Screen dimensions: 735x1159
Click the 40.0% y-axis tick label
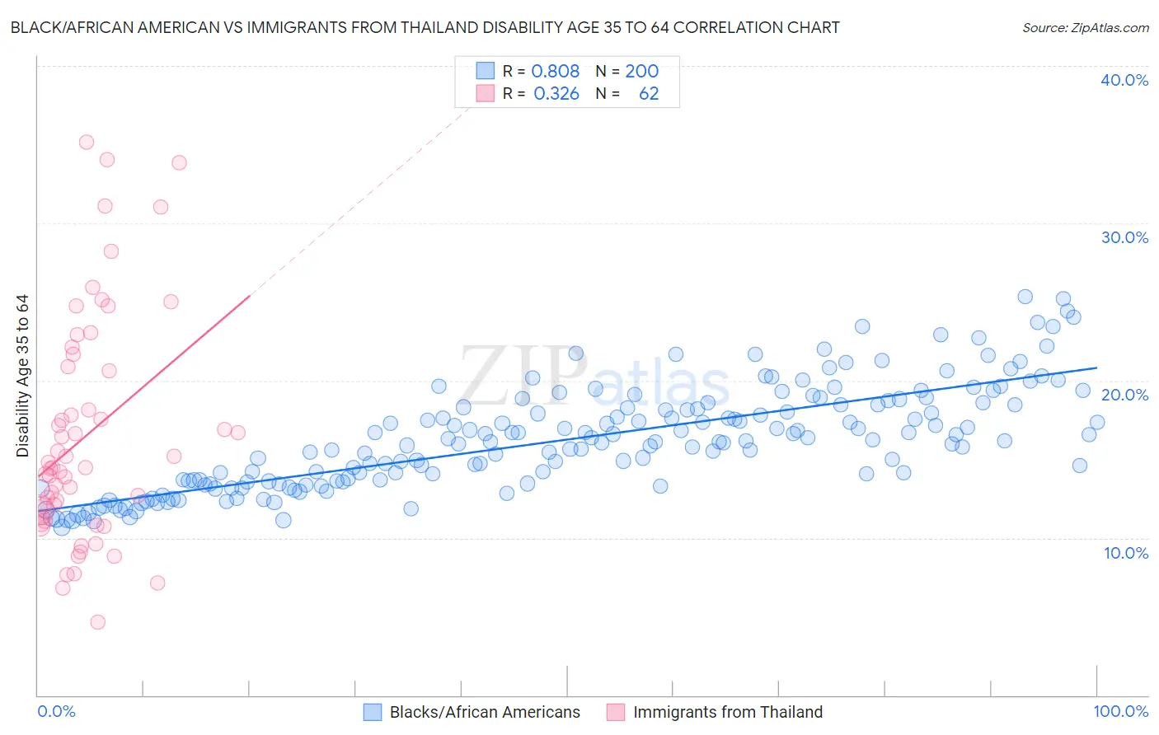tap(1124, 80)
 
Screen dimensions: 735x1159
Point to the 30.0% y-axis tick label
tap(1124, 237)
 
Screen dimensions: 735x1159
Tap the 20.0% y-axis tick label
tap(1124, 395)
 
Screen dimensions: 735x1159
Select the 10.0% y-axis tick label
tap(1126, 552)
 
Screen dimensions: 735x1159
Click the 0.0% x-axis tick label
tap(56, 711)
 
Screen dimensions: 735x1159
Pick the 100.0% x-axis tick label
tap(1121, 711)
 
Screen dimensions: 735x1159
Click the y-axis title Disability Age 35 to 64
tap(22, 376)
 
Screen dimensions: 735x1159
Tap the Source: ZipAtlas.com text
tap(1085, 27)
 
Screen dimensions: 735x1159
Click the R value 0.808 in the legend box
tap(556, 71)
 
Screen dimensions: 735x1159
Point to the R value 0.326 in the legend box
tap(556, 94)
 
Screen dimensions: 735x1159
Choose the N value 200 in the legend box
tap(641, 71)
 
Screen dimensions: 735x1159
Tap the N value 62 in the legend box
tap(649, 94)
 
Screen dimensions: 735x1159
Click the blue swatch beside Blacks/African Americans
tap(373, 712)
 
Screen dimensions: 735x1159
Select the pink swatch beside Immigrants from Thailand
tap(616, 712)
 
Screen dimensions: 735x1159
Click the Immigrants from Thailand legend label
tap(728, 712)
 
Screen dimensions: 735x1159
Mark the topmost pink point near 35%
tap(86, 142)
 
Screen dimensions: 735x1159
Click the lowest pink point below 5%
tap(98, 622)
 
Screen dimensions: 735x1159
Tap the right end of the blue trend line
tap(1096, 367)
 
